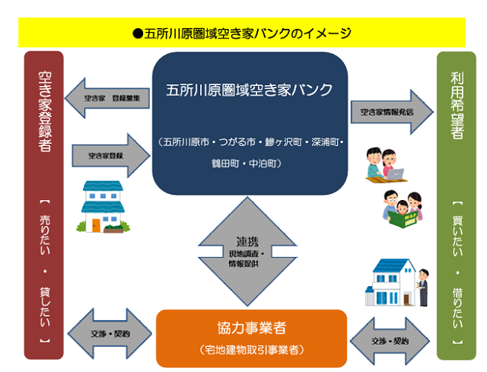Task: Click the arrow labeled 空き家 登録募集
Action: tap(106, 98)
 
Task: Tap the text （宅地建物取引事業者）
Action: tap(252, 350)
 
